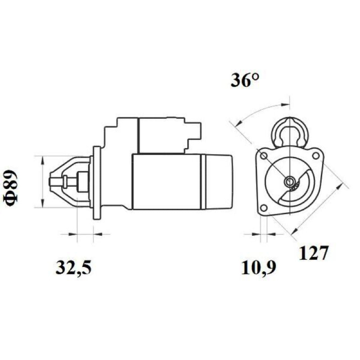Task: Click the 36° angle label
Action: (x=245, y=81)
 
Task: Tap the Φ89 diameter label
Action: (x=10, y=188)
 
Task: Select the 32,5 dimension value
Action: (x=73, y=268)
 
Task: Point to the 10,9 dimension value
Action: (x=258, y=268)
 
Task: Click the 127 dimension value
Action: (x=313, y=253)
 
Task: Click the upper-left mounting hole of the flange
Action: (x=264, y=156)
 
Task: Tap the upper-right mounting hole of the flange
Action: (x=316, y=156)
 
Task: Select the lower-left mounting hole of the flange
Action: (x=264, y=208)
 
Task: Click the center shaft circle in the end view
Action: (x=290, y=182)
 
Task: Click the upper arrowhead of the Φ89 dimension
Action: (x=42, y=161)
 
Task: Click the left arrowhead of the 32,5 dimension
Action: (x=72, y=234)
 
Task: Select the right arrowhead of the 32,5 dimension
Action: (x=98, y=234)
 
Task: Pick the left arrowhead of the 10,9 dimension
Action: (x=256, y=234)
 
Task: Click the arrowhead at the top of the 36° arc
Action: (x=286, y=104)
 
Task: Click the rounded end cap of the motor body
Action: (x=218, y=182)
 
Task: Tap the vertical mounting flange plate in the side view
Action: (x=97, y=183)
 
